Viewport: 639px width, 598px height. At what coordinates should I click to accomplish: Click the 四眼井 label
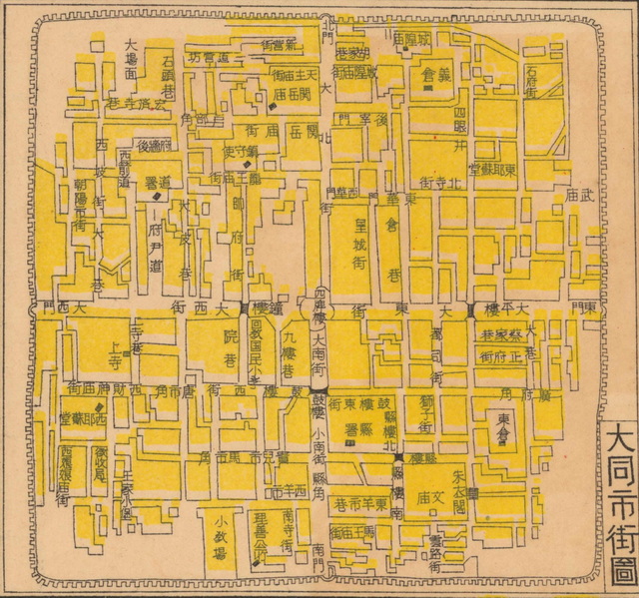click(458, 121)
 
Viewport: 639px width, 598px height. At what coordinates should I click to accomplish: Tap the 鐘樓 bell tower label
click(263, 308)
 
